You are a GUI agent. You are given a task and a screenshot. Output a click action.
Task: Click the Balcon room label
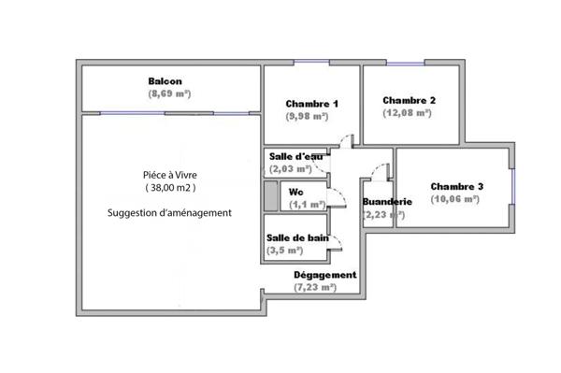tap(165, 81)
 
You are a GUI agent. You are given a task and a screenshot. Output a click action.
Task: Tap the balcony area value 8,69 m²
tap(168, 94)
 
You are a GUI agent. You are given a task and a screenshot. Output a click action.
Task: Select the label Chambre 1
tap(312, 104)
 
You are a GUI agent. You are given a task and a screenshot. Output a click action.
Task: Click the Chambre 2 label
tap(409, 100)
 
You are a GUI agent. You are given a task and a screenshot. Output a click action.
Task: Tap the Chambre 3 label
tap(457, 186)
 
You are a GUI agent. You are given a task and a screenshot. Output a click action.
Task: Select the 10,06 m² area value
tap(456, 199)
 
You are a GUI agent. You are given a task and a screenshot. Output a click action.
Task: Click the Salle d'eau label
tap(295, 157)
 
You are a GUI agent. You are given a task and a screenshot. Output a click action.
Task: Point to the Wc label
tap(295, 192)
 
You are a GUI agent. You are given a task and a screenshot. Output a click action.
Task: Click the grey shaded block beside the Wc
tap(271, 196)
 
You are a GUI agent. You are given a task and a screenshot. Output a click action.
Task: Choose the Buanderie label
tap(386, 201)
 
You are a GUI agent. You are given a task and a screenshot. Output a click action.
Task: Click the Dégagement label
tap(324, 275)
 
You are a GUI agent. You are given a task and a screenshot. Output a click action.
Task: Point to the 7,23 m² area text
tap(314, 288)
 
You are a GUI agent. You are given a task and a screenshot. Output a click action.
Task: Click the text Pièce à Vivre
tap(169, 175)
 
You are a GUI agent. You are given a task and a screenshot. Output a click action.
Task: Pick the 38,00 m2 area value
tap(169, 188)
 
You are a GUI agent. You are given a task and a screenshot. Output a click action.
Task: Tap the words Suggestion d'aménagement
tap(169, 213)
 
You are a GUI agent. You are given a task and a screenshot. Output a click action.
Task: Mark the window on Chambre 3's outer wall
tap(512, 185)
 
